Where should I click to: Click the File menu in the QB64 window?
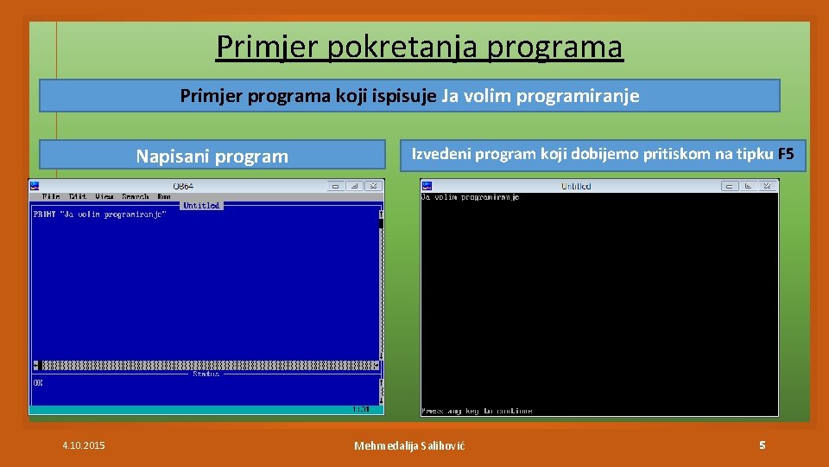pyautogui.click(x=51, y=197)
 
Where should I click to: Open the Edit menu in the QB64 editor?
pyautogui.click(x=78, y=197)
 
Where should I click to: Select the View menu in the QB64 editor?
pyautogui.click(x=104, y=197)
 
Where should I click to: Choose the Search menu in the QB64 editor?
pyautogui.click(x=136, y=197)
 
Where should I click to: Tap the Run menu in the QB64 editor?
pyautogui.click(x=164, y=197)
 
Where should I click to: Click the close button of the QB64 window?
pyautogui.click(x=374, y=185)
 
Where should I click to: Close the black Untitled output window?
pyautogui.click(x=769, y=185)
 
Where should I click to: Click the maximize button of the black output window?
pyautogui.click(x=750, y=185)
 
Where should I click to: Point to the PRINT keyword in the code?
pyautogui.click(x=44, y=214)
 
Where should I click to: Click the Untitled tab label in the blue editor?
pyautogui.click(x=201, y=206)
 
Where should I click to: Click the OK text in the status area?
pyautogui.click(x=38, y=382)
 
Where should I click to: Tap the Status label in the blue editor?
pyautogui.click(x=206, y=374)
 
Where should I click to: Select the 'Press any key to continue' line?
pyautogui.click(x=477, y=411)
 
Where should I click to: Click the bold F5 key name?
pyautogui.click(x=785, y=155)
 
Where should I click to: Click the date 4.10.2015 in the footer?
pyautogui.click(x=84, y=445)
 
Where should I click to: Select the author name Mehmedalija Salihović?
pyautogui.click(x=409, y=445)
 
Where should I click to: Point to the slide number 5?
pyautogui.click(x=762, y=445)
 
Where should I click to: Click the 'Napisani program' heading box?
pyautogui.click(x=212, y=157)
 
